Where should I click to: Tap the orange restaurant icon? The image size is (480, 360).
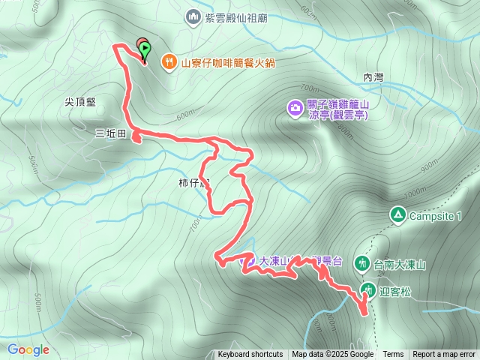[x=170, y=63]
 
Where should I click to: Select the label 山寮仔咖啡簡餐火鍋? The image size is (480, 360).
[x=223, y=63]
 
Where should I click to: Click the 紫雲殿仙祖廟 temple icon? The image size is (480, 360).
[x=193, y=16]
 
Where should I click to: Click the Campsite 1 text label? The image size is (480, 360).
[x=435, y=216]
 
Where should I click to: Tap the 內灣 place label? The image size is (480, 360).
[x=373, y=77]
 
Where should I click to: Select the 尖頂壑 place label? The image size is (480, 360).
[x=80, y=102]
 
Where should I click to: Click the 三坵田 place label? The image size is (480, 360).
[x=109, y=135]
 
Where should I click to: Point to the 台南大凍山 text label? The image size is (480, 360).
[x=400, y=264]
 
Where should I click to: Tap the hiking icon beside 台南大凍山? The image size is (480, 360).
[x=362, y=263]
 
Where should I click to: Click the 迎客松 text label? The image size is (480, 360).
[x=392, y=289]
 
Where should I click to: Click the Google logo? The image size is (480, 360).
[x=28, y=349]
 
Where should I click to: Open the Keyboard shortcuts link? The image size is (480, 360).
[x=250, y=355]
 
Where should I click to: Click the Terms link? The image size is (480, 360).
[x=393, y=355]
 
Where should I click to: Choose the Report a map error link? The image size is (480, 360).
[x=444, y=355]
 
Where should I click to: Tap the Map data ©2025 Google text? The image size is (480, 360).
[x=333, y=355]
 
